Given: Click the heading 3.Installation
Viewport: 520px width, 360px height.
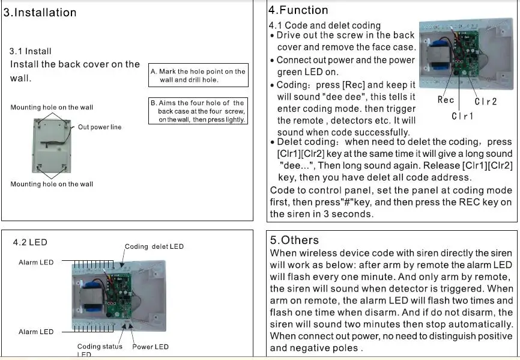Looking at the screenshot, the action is pos(40,13).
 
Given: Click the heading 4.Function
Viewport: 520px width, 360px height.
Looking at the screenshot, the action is pos(298,10).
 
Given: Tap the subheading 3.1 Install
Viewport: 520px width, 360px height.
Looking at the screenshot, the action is pos(31,51).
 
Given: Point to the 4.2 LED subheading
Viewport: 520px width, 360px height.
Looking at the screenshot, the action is pos(30,242).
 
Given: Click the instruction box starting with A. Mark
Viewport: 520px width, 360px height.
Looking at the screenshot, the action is pos(198,75).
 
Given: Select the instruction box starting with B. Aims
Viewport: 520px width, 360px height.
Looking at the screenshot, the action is pos(198,111).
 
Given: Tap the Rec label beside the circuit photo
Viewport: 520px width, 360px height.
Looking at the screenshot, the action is pos(446,100).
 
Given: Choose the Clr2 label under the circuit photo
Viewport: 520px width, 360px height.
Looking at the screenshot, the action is pos(486,102).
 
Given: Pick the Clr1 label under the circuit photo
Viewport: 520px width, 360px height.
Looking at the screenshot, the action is pos(462,115).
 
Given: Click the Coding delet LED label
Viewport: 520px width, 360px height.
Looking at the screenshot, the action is pos(154,246).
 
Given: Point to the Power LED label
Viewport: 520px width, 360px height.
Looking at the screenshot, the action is pos(150,347).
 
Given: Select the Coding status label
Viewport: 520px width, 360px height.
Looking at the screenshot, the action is pos(100,347).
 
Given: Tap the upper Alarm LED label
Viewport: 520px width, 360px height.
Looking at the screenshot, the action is pos(36,263).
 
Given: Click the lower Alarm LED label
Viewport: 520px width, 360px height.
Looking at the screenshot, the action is pos(36,332).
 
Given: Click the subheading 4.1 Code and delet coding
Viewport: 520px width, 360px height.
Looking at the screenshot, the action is pos(324,25).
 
